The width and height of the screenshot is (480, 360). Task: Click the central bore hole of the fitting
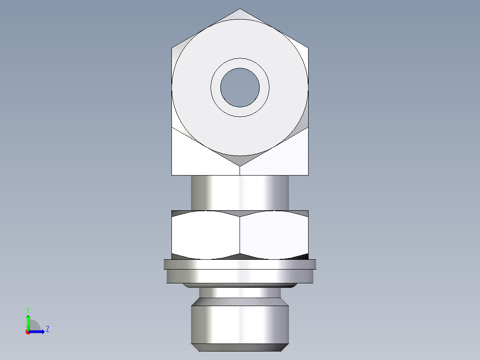[x=240, y=87]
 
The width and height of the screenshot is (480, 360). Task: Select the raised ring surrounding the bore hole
[x=240, y=63]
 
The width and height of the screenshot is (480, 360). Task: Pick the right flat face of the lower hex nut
[x=274, y=234]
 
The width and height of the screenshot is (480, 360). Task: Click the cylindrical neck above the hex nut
[x=240, y=192]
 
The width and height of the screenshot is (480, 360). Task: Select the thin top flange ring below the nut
[x=240, y=264]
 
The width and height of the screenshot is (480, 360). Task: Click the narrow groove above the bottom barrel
[x=240, y=293]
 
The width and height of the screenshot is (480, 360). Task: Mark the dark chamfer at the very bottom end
[x=240, y=348]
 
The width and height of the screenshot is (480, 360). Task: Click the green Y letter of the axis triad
[x=28, y=309]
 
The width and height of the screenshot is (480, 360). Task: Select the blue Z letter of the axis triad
[x=47, y=330]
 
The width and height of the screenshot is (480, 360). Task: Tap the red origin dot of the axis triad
[x=28, y=332]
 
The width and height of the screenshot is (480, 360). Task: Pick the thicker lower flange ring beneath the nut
[x=240, y=276]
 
